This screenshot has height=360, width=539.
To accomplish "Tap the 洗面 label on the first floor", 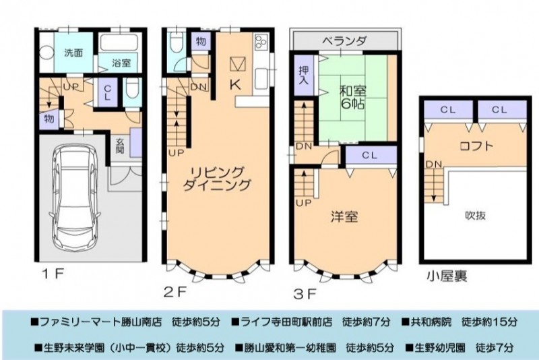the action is [73, 53].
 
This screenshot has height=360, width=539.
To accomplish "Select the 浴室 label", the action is [121, 63].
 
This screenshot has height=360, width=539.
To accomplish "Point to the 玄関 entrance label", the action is [120, 146].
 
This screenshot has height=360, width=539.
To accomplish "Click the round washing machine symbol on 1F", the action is [46, 54].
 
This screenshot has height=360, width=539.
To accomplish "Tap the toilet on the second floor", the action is [177, 42].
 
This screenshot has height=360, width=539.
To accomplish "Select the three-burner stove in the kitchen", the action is [260, 42].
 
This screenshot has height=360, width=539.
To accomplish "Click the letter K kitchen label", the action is [235, 84].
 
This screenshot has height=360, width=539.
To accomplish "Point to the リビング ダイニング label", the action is [216, 179].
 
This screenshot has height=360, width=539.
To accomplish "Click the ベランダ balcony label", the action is [344, 41].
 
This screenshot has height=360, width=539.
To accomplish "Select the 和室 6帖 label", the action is [352, 97].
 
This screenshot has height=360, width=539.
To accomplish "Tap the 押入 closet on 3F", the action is [304, 76].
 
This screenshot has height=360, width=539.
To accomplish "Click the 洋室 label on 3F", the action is [344, 216].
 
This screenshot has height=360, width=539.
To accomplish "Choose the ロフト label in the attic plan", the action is [477, 146].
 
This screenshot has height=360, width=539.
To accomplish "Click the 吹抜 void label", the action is [476, 215].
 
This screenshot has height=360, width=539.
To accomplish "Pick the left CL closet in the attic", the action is [448, 111].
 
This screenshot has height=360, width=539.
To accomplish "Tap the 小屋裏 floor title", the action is [447, 276].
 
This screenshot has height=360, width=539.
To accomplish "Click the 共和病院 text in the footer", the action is [431, 322].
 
